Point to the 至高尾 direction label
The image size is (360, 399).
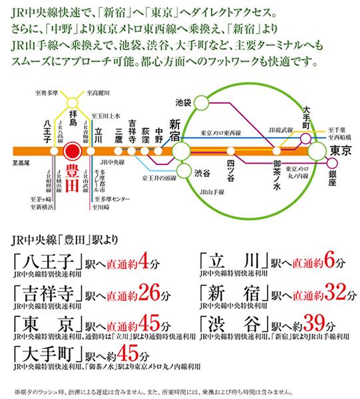point(20,162)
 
